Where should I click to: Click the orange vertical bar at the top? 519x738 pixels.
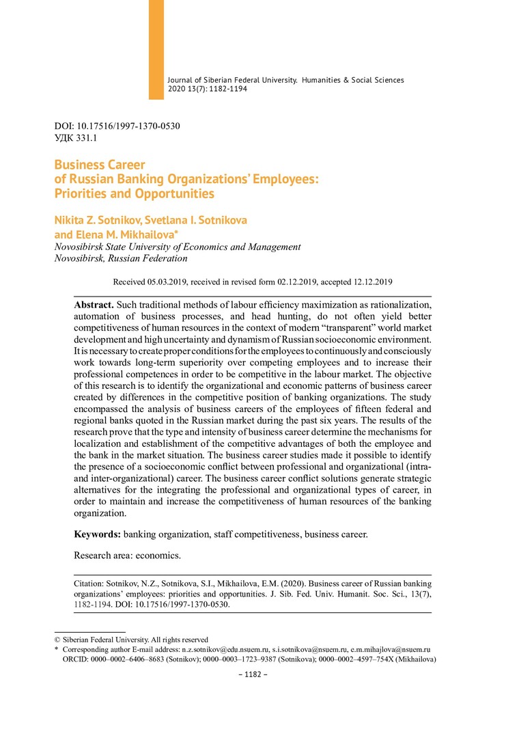[156, 49]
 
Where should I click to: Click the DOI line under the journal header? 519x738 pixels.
[117, 126]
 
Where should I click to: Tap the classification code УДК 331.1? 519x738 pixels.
[76, 139]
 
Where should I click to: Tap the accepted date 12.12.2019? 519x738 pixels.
[371, 281]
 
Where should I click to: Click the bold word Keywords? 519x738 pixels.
[98, 534]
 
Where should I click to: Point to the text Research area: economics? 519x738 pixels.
[127, 555]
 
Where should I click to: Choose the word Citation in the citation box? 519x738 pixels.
[91, 584]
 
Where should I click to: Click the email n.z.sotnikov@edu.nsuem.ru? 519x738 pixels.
[223, 649]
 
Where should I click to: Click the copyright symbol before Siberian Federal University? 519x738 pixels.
[57, 640]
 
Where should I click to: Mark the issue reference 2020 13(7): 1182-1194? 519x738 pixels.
[207, 90]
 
